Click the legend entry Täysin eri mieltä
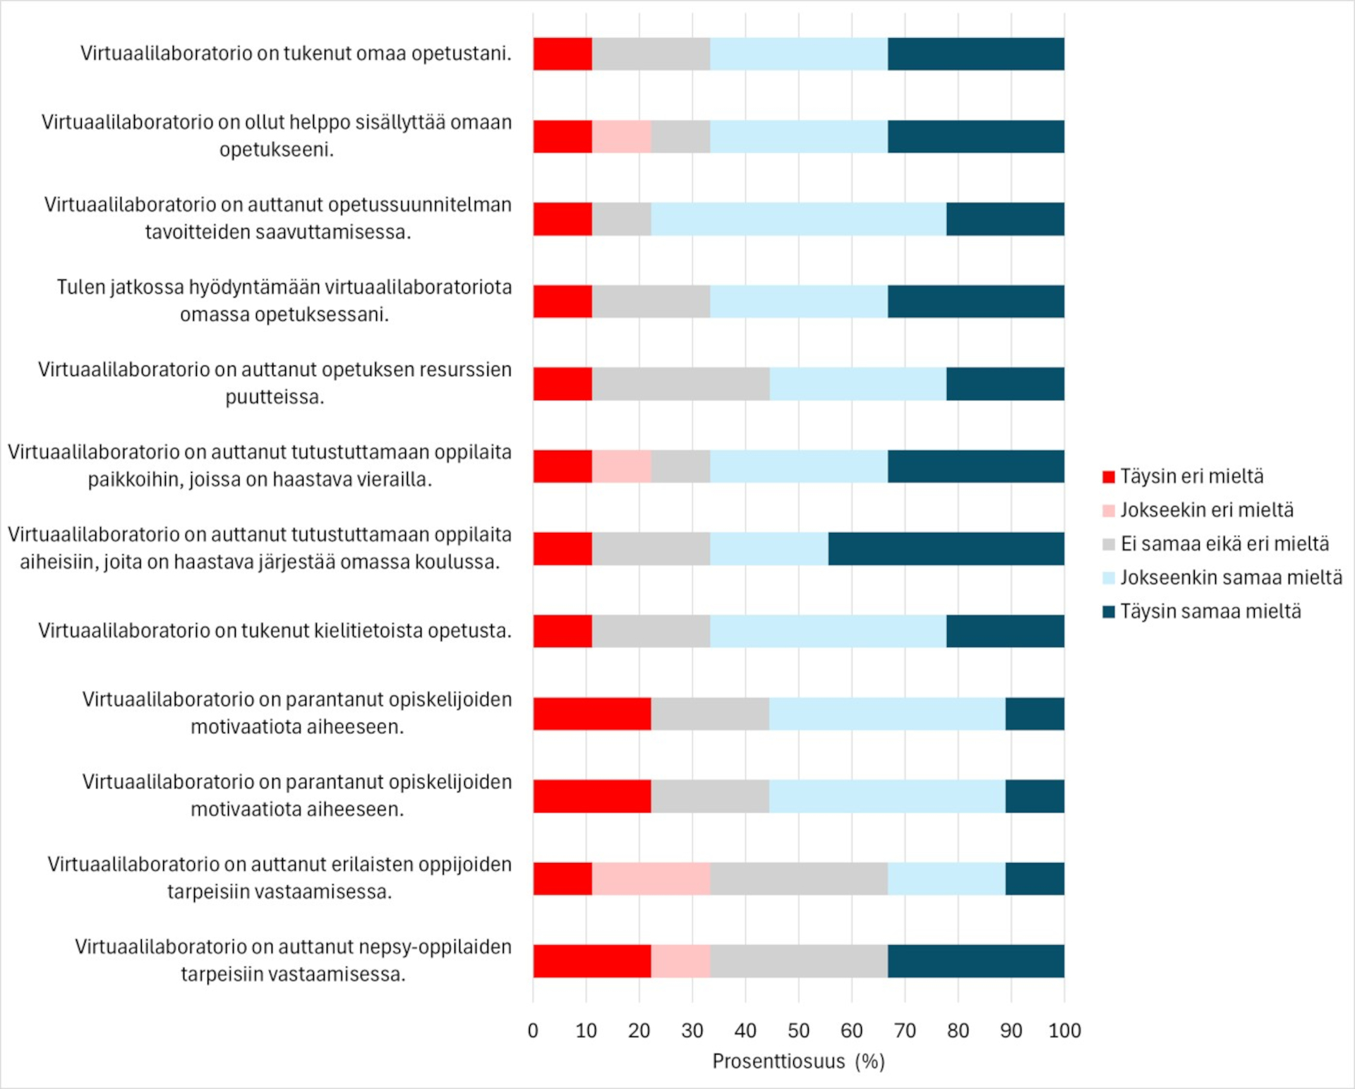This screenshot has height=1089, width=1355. click(x=1191, y=476)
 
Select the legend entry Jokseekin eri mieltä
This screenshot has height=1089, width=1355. click(x=1206, y=510)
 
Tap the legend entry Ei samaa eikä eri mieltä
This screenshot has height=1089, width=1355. click(x=1224, y=544)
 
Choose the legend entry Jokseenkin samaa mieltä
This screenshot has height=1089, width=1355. click(x=1230, y=578)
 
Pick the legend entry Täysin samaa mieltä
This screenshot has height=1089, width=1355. click(x=1210, y=612)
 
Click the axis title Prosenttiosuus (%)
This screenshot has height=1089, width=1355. click(x=798, y=1061)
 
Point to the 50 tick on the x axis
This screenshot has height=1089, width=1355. click(x=798, y=1031)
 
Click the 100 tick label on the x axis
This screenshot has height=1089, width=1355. click(x=1064, y=1031)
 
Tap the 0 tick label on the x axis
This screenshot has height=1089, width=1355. click(x=533, y=1031)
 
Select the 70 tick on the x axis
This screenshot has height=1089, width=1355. click(x=905, y=1031)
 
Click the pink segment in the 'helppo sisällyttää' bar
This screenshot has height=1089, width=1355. click(x=621, y=137)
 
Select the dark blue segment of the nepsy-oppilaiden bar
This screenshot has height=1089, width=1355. click(x=975, y=961)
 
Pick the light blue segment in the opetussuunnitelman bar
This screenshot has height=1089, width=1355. click(x=798, y=219)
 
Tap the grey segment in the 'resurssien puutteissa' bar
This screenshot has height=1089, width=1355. click(x=680, y=384)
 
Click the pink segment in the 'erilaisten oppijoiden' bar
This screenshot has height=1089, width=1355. click(x=651, y=879)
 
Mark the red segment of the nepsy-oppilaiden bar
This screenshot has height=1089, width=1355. click(x=591, y=961)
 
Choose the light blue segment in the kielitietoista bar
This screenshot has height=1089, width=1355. click(x=828, y=631)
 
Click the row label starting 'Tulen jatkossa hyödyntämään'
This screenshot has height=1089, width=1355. click(x=284, y=301)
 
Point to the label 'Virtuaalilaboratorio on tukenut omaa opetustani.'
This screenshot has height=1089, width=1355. click(x=296, y=54)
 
